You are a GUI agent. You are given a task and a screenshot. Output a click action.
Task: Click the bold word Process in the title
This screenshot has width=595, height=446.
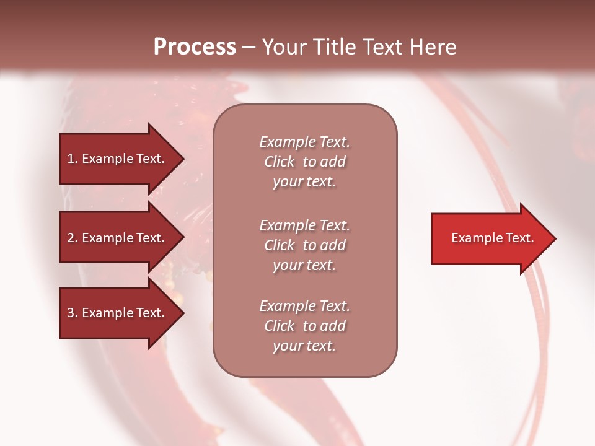tap(195, 47)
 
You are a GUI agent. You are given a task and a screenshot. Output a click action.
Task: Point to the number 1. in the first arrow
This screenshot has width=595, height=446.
tap(73, 159)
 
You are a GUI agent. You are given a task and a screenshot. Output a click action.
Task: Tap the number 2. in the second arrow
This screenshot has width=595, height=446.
tap(73, 238)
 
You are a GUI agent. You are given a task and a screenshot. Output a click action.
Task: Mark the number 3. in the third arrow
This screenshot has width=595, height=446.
tap(73, 313)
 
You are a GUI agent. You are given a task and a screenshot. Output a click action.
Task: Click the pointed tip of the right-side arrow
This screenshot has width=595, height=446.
tap(553, 238)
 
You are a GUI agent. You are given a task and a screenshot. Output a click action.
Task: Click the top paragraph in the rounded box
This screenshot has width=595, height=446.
tap(304, 162)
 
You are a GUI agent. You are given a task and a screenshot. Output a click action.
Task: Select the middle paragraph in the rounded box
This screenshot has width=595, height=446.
tap(304, 245)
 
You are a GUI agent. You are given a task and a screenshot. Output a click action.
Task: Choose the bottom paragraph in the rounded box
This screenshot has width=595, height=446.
tap(304, 326)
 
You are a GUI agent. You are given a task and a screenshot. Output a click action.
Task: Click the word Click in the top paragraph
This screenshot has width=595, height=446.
tap(280, 162)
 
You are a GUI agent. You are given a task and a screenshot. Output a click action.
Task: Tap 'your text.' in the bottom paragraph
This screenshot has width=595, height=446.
tap(304, 346)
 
